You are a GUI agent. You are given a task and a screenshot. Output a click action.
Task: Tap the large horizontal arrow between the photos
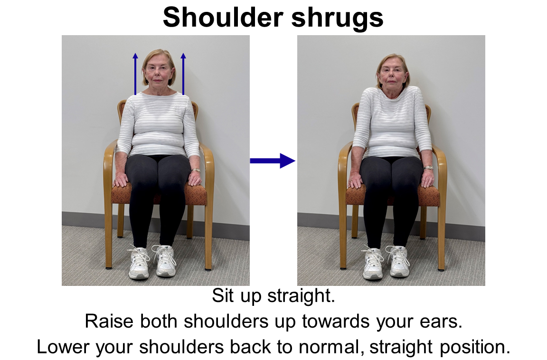pyautogui.click(x=273, y=161)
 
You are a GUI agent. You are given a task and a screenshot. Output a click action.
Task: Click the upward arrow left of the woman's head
pyautogui.click(x=135, y=74)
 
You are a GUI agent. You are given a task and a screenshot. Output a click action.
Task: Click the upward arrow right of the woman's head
pyautogui.click(x=183, y=74)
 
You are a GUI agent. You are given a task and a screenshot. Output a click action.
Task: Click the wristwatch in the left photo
pyautogui.click(x=196, y=170)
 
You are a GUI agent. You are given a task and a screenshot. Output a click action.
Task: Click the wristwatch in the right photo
pyautogui.click(x=428, y=168)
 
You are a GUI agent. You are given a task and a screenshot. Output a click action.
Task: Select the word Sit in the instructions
pyautogui.click(x=223, y=296)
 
